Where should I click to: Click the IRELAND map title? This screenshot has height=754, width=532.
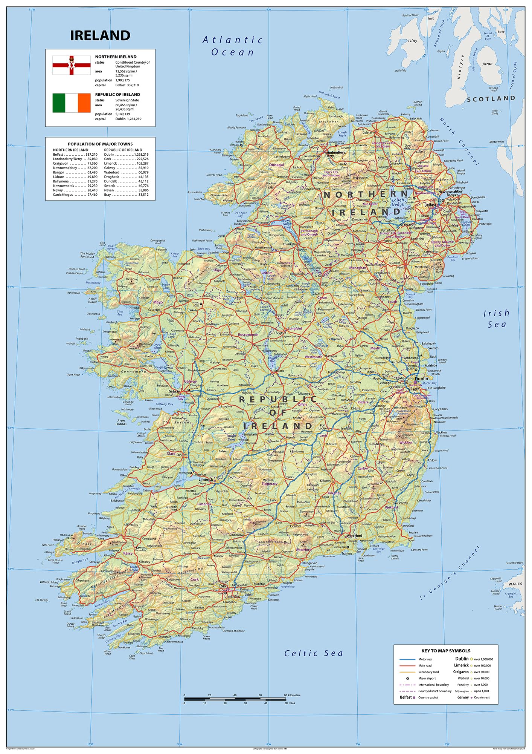(100, 35)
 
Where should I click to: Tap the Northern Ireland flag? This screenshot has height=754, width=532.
(72, 65)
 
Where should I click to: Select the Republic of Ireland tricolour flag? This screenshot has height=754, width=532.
(72, 103)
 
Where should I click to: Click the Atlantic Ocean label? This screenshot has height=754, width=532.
(233, 46)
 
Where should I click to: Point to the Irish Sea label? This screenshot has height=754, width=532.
(497, 319)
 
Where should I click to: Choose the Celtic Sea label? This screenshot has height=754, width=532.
(314, 653)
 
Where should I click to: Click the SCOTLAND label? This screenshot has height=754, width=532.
(491, 99)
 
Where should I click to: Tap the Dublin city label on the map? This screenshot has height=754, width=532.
(421, 378)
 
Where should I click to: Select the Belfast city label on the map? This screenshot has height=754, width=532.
(430, 205)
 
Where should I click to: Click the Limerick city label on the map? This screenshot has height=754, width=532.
(206, 480)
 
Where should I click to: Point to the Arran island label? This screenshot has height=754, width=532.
(488, 64)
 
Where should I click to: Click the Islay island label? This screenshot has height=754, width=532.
(413, 41)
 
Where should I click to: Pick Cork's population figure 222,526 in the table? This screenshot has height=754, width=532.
(142, 159)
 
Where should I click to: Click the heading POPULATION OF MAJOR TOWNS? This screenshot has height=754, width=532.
(100, 144)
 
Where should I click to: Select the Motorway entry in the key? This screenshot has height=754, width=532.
(425, 659)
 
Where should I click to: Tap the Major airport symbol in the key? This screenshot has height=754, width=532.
(408, 678)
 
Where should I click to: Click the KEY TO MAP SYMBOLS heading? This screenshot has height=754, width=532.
(446, 650)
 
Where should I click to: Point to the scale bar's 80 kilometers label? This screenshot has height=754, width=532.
(292, 695)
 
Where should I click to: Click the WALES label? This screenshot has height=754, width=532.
(515, 584)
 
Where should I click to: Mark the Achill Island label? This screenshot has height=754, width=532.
(93, 300)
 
